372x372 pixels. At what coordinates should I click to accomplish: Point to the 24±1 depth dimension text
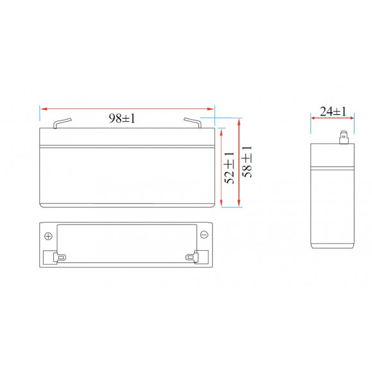(x=333, y=112)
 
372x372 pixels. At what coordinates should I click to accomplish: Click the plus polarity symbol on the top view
(x=49, y=235)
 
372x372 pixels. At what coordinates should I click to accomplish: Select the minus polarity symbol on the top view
(x=203, y=235)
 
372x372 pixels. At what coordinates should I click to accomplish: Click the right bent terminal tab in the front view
(x=193, y=123)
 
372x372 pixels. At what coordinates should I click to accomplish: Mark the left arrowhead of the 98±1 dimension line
(x=42, y=108)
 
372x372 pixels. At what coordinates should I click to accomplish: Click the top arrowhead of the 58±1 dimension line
(x=239, y=121)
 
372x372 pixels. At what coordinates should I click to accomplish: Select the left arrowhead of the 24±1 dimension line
(x=313, y=117)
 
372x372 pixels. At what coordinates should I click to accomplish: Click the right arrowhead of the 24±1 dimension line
(x=352, y=117)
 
